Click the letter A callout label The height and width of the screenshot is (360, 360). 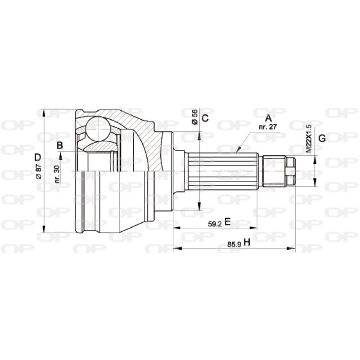(269, 118)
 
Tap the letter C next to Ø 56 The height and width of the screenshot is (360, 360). (205, 119)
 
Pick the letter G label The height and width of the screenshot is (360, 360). (322, 139)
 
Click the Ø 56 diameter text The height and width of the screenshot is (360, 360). (194, 117)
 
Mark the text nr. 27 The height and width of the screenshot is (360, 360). (268, 127)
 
